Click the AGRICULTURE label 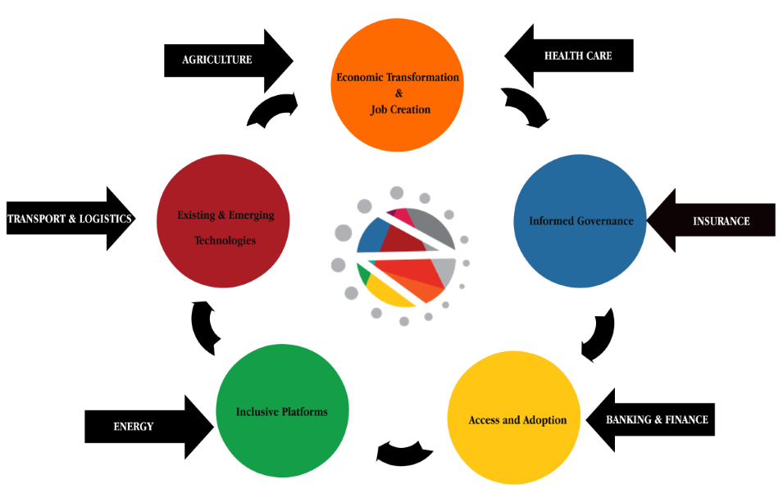[x=216, y=60]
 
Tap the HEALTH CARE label [x=578, y=56]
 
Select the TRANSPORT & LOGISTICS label [x=70, y=219]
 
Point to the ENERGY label [x=133, y=427]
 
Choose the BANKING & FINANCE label [x=657, y=419]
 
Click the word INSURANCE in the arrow [x=721, y=221]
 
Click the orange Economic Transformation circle [x=398, y=49]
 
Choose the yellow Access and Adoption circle [x=514, y=455]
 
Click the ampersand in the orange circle [x=399, y=93]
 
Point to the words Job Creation [x=400, y=109]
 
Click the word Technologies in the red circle [x=225, y=241]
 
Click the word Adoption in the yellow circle [x=544, y=420]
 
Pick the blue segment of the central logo [x=371, y=237]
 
